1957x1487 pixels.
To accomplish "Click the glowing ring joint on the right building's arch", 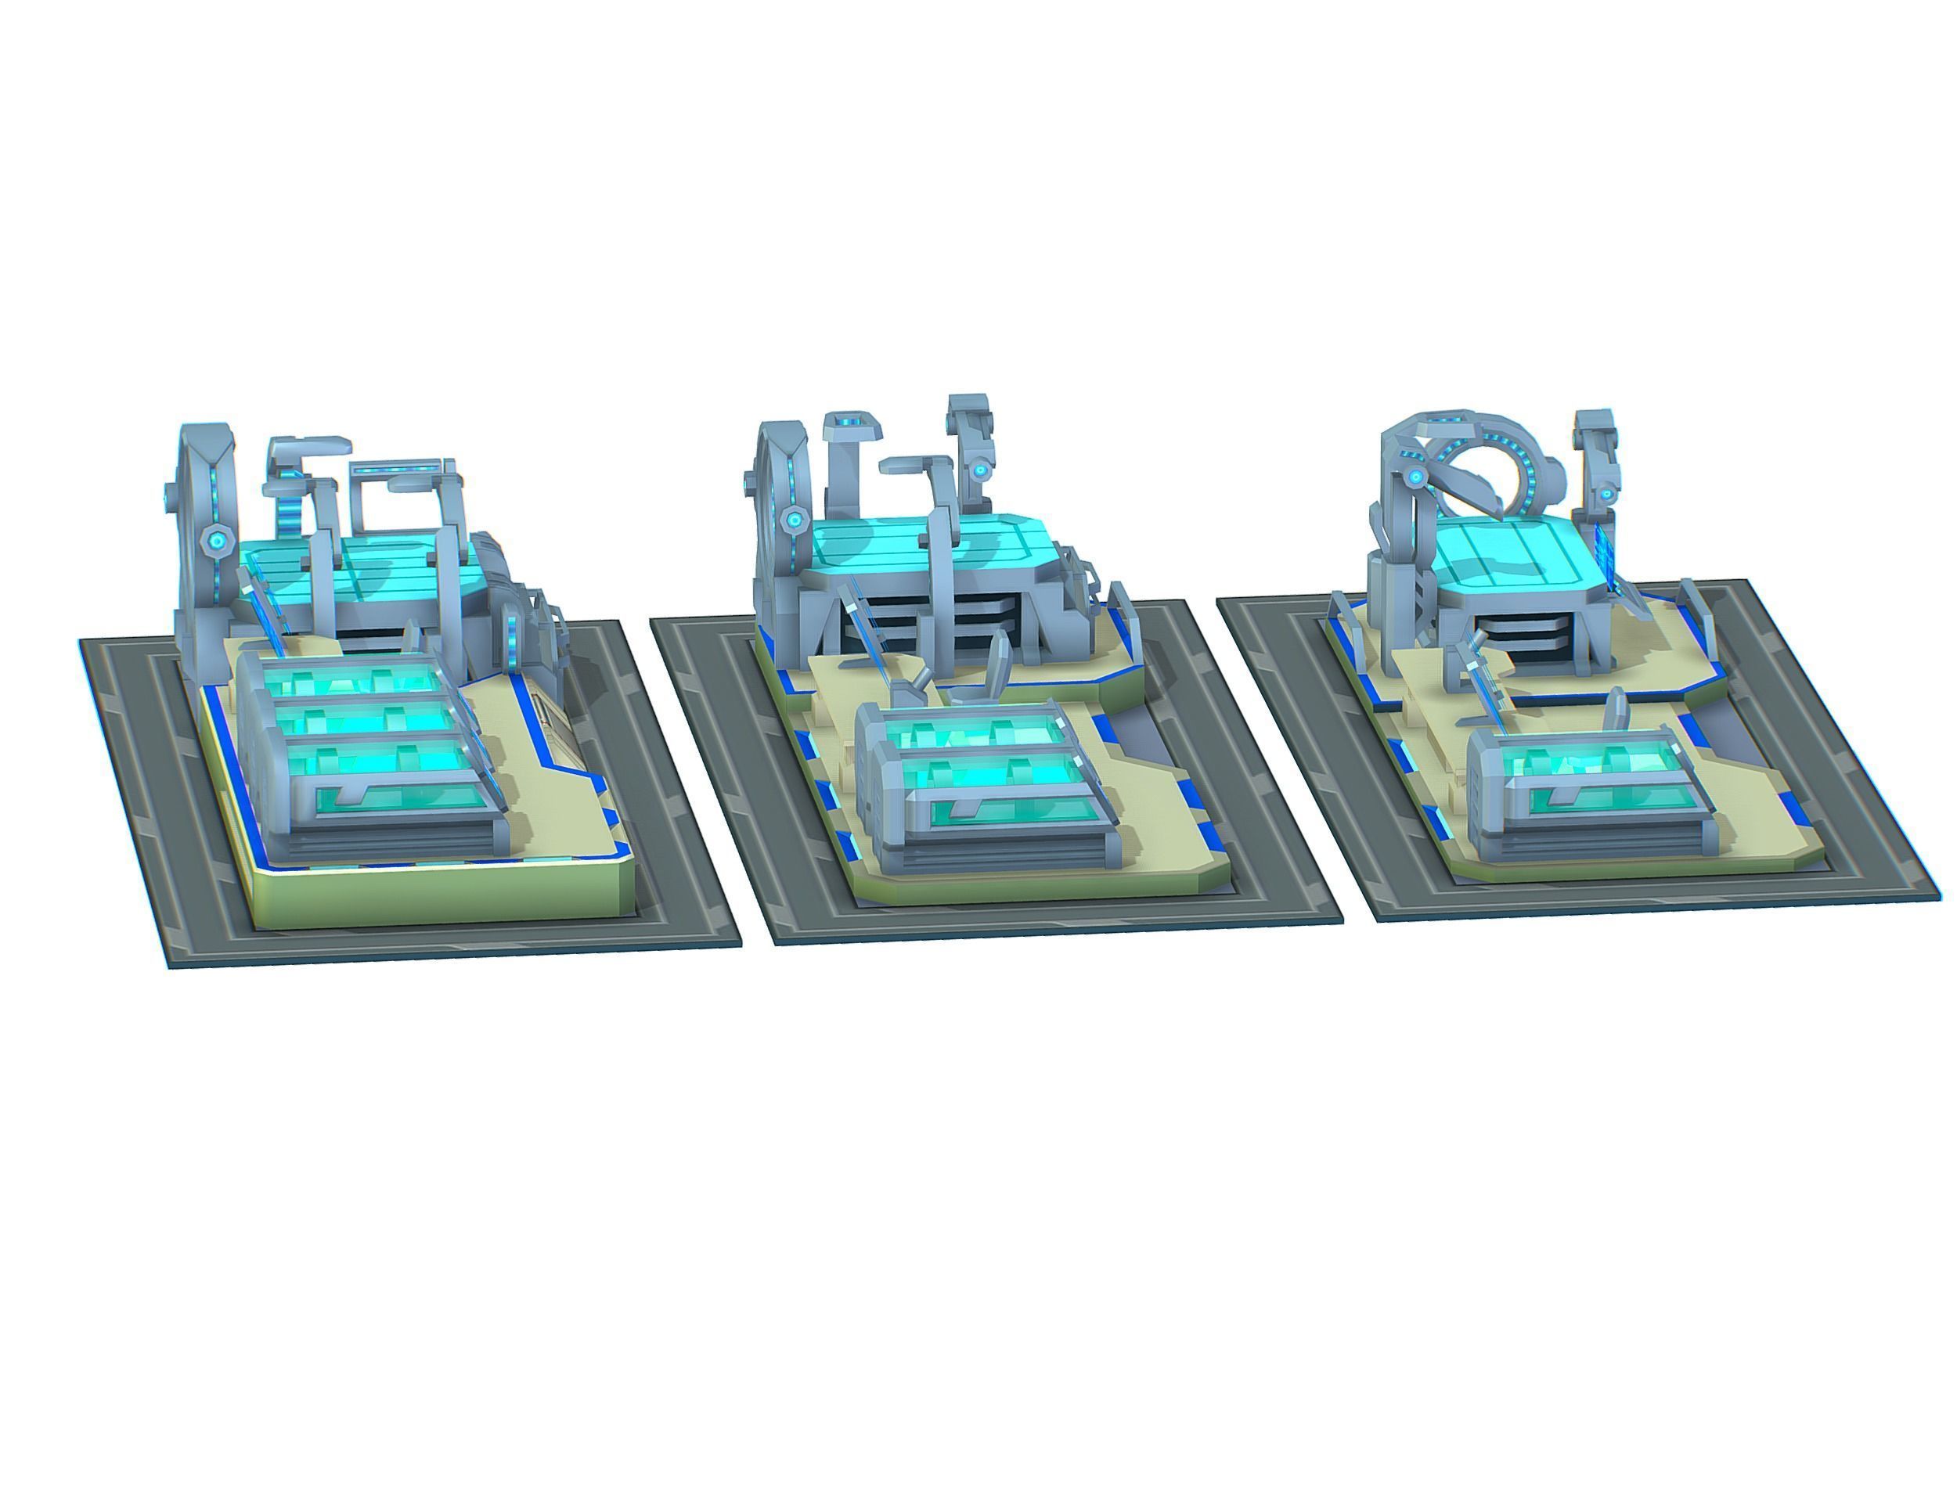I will point(1416,478).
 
